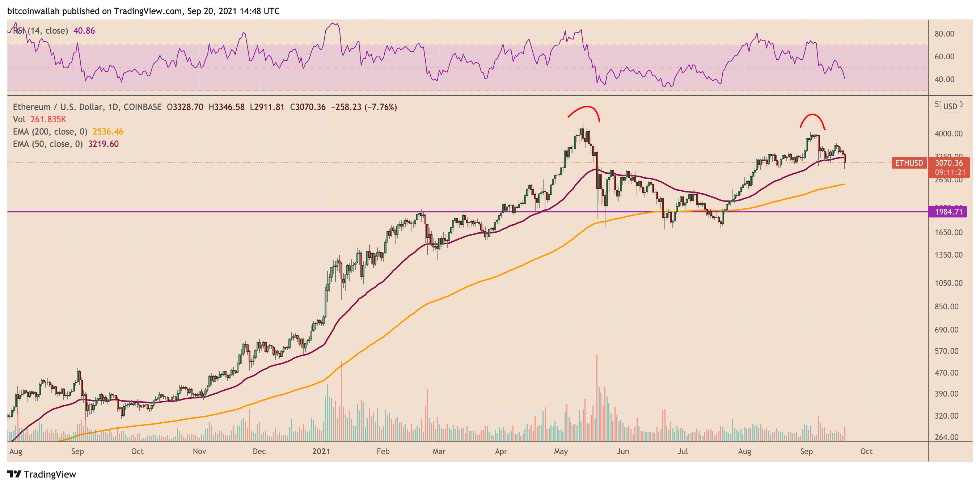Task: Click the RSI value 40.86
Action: pos(84,31)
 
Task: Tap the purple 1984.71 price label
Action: pos(949,212)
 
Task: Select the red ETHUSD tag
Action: pos(909,163)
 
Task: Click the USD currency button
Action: pos(950,106)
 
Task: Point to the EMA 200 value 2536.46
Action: pos(108,132)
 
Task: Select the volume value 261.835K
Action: pos(48,119)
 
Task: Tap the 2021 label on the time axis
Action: pos(321,451)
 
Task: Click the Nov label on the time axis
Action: pos(199,451)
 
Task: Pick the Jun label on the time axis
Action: pos(623,451)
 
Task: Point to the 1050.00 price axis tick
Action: pos(949,283)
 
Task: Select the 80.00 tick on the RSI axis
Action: pos(944,34)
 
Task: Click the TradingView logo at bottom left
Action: pos(42,474)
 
